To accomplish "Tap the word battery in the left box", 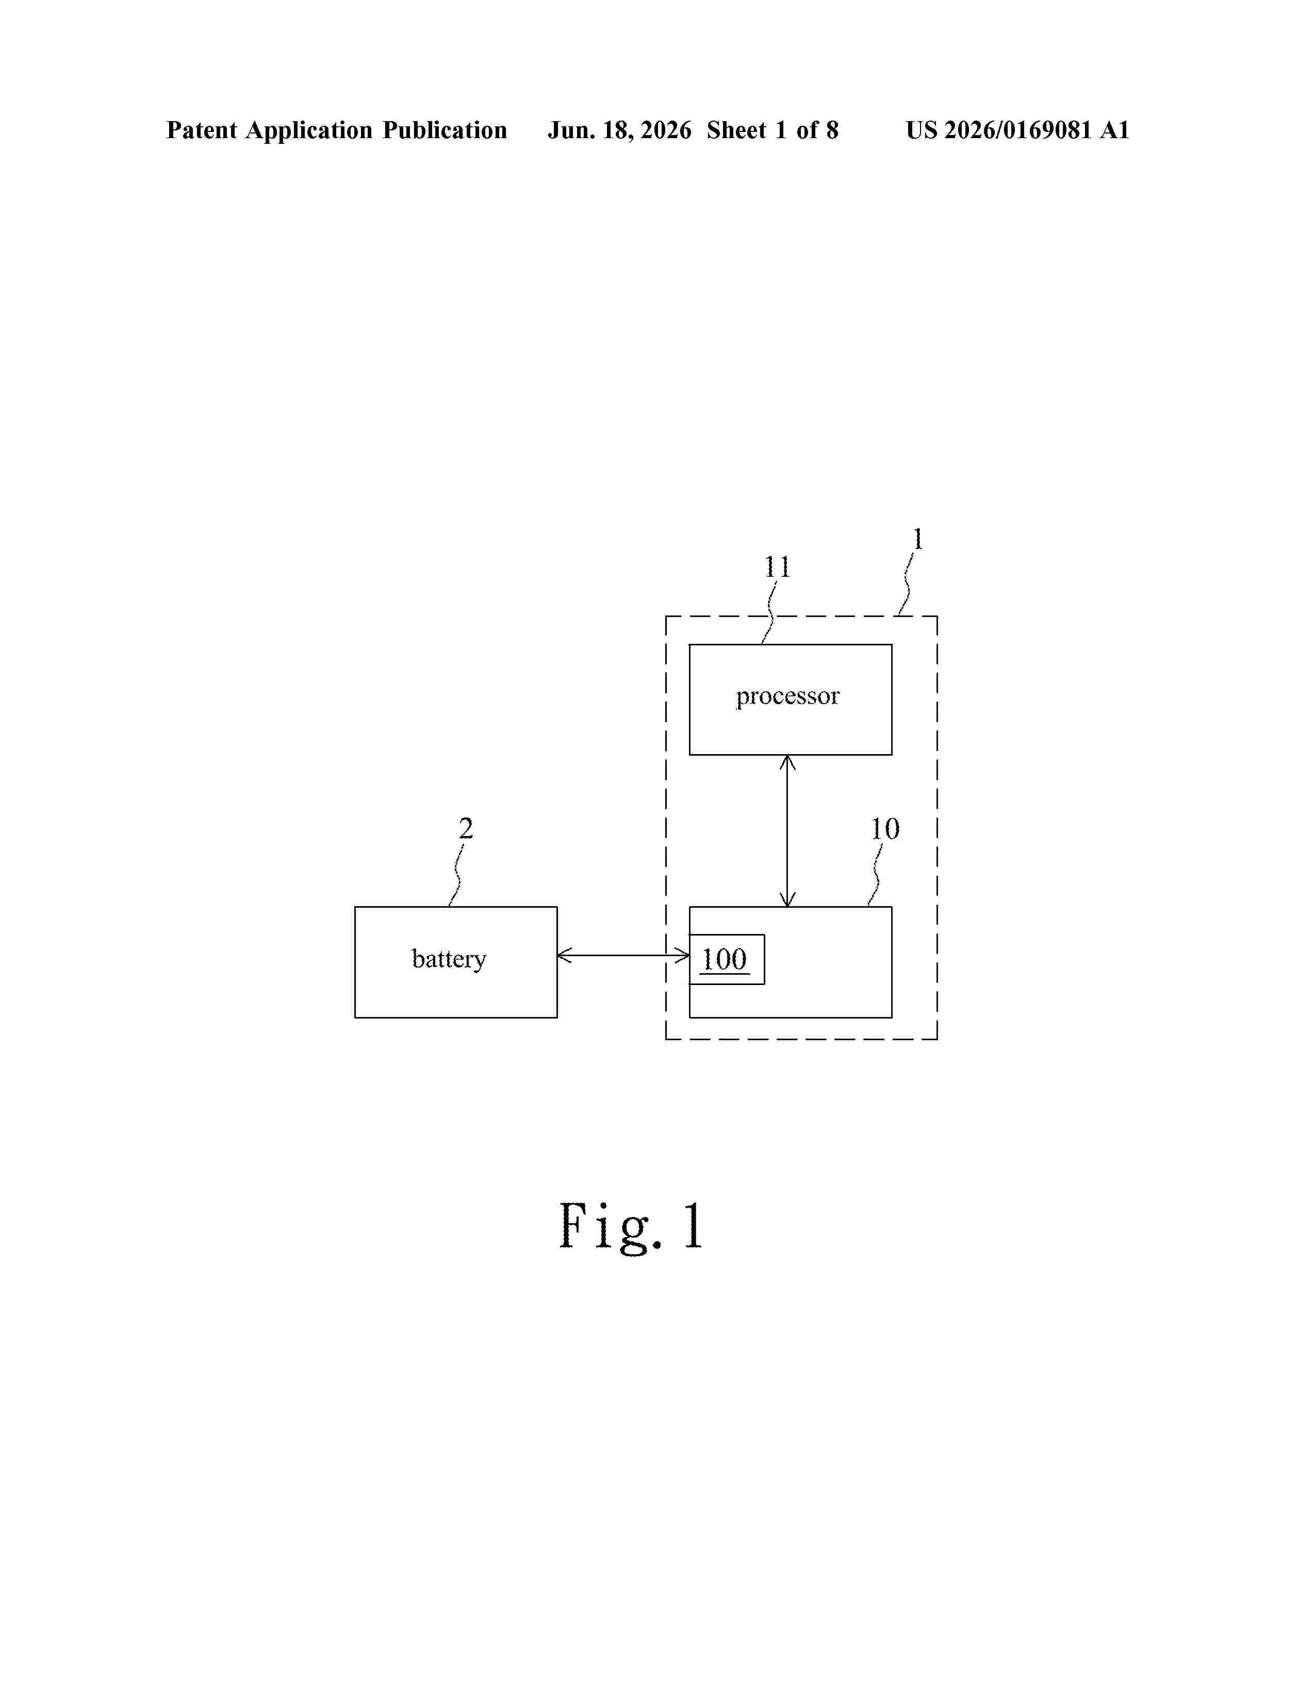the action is pyautogui.click(x=449, y=959).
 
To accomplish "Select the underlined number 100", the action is pyautogui.click(x=725, y=960).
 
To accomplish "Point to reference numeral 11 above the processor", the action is pyautogui.click(x=777, y=567).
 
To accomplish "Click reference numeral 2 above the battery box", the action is pyautogui.click(x=466, y=828).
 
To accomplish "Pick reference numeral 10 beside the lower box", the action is pyautogui.click(x=885, y=829).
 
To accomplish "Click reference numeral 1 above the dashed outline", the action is pyautogui.click(x=918, y=539).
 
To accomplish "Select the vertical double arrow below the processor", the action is pyautogui.click(x=787, y=831).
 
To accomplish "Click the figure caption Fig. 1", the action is pyautogui.click(x=631, y=1226).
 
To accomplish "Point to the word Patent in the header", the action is pyautogui.click(x=202, y=130).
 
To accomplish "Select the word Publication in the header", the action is pyautogui.click(x=444, y=130).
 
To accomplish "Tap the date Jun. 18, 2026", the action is pyautogui.click(x=619, y=130).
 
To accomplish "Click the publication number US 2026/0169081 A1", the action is pyautogui.click(x=1017, y=130).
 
